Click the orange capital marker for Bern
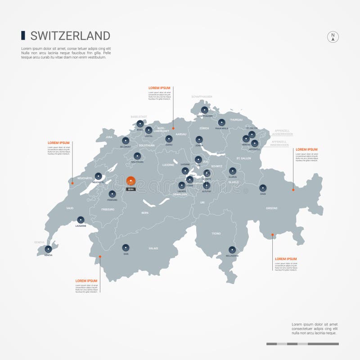click(130, 180)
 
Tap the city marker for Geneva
click(48, 248)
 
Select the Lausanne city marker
click(81, 220)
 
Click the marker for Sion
click(126, 247)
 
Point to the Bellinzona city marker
click(232, 249)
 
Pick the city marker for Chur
click(263, 188)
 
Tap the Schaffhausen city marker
click(205, 109)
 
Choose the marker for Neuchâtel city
click(98, 176)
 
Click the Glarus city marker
click(232, 171)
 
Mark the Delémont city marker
click(126, 140)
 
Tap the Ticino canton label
click(216, 234)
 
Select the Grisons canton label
click(272, 208)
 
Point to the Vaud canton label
click(70, 208)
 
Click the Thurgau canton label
click(236, 120)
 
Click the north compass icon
click(333, 37)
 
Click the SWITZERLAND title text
click(70, 36)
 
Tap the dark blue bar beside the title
click(23, 36)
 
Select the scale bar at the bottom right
click(302, 344)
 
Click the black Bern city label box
click(130, 189)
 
